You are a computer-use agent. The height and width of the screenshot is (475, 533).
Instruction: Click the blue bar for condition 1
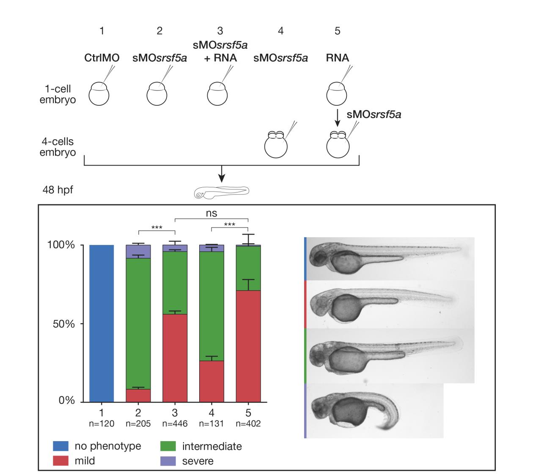pyautogui.click(x=102, y=323)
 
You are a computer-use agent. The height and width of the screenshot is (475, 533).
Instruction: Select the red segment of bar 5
pyautogui.click(x=248, y=346)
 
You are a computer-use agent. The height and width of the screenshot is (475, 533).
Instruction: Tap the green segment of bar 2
pyautogui.click(x=138, y=324)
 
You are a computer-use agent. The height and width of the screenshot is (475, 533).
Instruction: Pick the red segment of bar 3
pyautogui.click(x=175, y=358)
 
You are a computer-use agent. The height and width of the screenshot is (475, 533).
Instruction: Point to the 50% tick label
pyautogui.click(x=64, y=324)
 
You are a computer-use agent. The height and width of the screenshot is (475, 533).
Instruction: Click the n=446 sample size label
pyautogui.click(x=175, y=424)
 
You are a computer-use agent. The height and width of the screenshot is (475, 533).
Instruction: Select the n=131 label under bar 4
pyautogui.click(x=211, y=424)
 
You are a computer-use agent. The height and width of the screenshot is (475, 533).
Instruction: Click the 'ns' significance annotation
pyautogui.click(x=211, y=213)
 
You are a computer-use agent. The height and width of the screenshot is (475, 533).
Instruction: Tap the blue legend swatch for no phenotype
pyautogui.click(x=60, y=446)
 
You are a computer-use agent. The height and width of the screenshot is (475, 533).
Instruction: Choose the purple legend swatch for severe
pyautogui.click(x=168, y=461)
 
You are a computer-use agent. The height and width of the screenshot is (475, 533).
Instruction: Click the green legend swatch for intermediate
pyautogui.click(x=168, y=446)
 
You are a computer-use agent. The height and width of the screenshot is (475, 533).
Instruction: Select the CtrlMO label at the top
pyautogui.click(x=102, y=58)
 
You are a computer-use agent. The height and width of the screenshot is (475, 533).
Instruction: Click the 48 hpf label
pyautogui.click(x=58, y=189)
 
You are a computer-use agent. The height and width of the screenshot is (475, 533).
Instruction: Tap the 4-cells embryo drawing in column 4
pyautogui.click(x=276, y=144)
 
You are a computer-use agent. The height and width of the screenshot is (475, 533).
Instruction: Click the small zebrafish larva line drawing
pyautogui.click(x=222, y=192)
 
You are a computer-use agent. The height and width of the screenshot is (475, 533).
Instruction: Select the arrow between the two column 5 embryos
pyautogui.click(x=338, y=118)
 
